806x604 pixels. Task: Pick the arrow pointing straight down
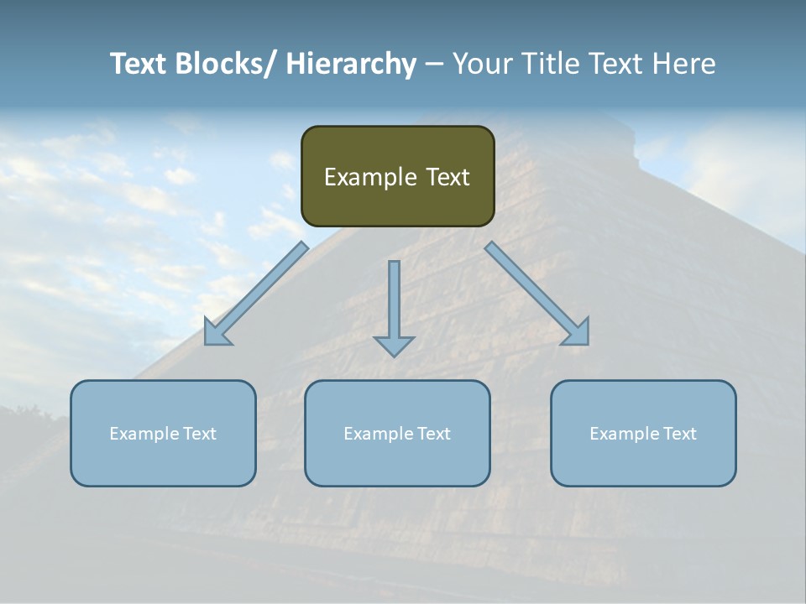coord(394,302)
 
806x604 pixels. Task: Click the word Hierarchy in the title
coord(351,64)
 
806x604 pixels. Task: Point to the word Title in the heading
coord(552,64)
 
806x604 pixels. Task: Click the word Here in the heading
coord(681,64)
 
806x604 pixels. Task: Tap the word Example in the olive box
coord(370,177)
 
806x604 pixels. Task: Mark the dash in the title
coord(434,64)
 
